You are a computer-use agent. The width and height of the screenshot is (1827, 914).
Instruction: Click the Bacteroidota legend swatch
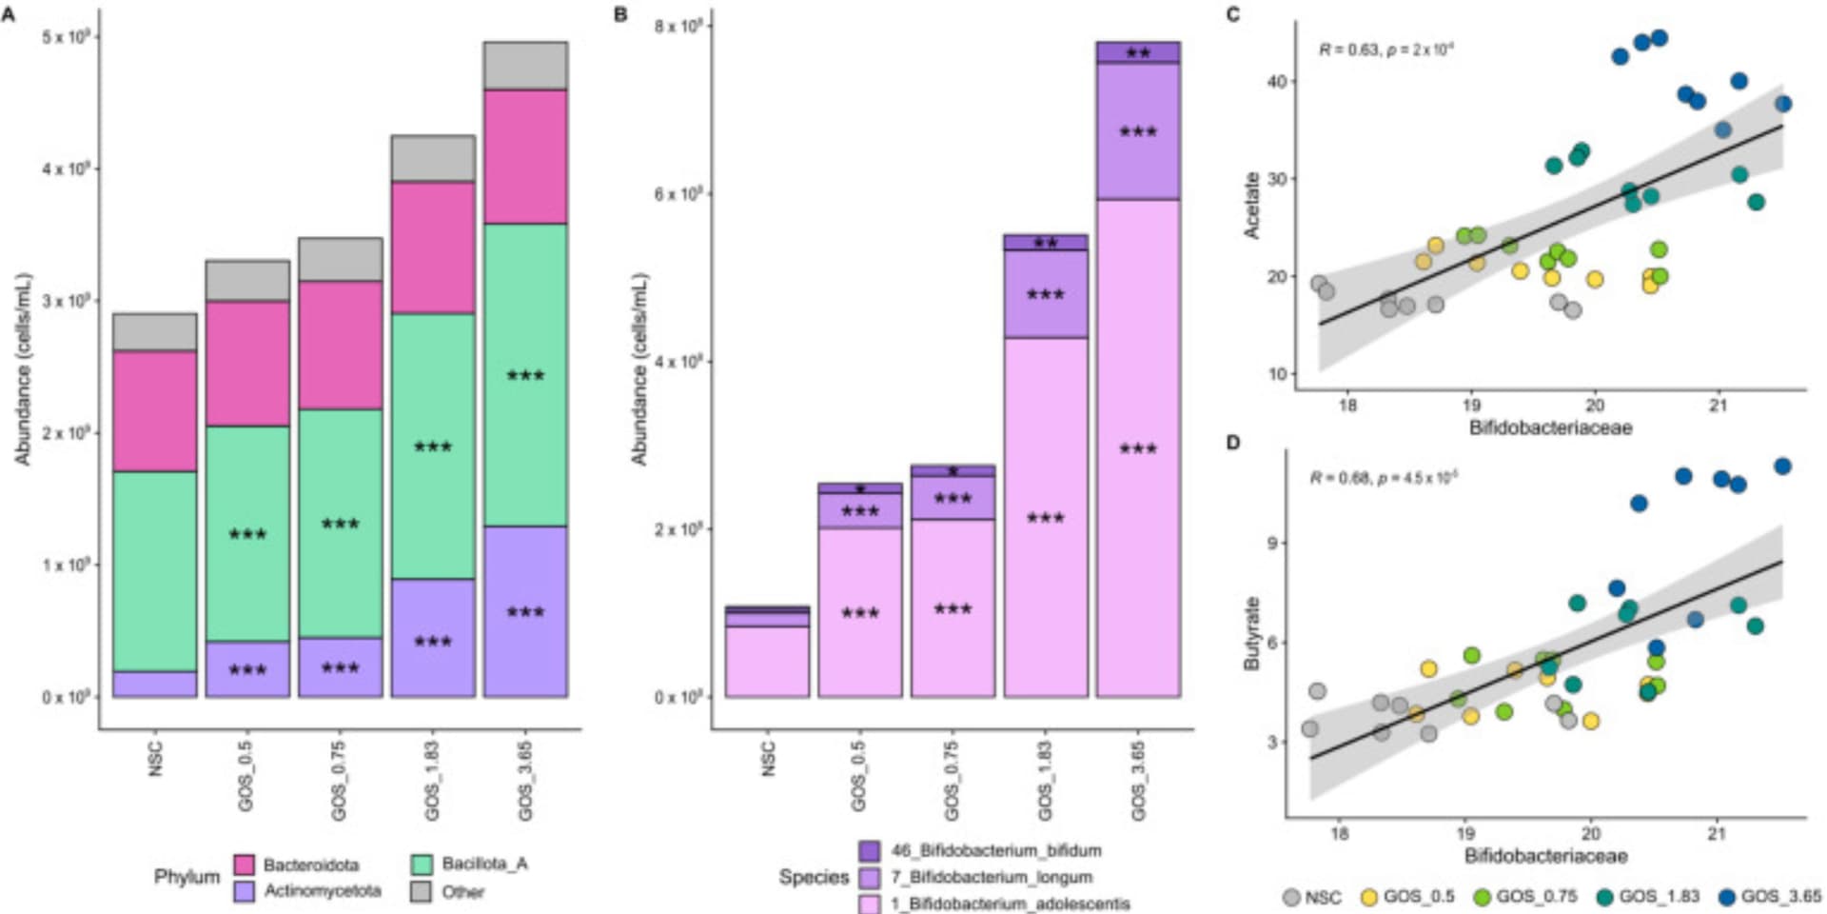245,864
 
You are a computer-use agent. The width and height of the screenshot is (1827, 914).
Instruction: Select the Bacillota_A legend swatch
422,864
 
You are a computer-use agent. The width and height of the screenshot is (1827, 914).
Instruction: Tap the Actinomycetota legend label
322,891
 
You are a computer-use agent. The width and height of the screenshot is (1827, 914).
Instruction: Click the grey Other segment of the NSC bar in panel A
154,331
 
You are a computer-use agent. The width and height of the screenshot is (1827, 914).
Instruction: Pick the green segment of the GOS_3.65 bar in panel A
525,374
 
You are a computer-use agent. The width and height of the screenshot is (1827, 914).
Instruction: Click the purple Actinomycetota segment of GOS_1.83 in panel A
433,638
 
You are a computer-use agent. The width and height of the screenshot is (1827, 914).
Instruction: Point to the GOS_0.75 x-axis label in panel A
340,782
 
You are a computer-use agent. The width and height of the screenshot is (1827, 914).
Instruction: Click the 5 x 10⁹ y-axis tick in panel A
66,36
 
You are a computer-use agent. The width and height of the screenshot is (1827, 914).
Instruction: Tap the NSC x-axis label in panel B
768,759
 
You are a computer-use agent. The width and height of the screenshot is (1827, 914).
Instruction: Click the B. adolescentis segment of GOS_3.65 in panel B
1138,447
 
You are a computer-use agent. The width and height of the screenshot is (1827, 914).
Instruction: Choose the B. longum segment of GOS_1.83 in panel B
1046,294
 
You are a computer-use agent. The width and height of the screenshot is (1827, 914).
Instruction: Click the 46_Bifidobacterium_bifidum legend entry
995,850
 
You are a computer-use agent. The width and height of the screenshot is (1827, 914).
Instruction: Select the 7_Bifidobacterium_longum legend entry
991,877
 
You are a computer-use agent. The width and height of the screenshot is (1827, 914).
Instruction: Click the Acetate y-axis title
1251,205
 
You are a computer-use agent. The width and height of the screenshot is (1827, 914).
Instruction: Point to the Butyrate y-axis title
1251,633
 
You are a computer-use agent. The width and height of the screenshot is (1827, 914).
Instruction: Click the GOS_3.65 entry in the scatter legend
1770,897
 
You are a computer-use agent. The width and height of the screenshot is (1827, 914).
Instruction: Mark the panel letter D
1233,443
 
